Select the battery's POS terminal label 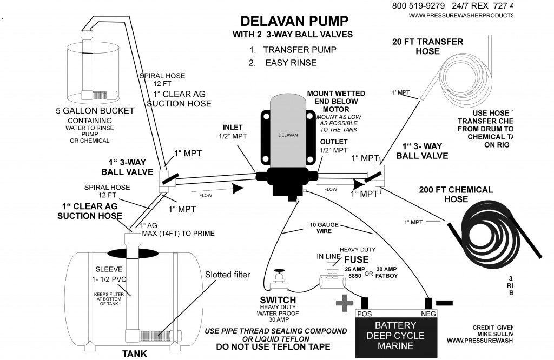point(363,313)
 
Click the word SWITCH point(278,300)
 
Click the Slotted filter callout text point(228,275)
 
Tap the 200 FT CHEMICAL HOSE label point(456,195)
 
